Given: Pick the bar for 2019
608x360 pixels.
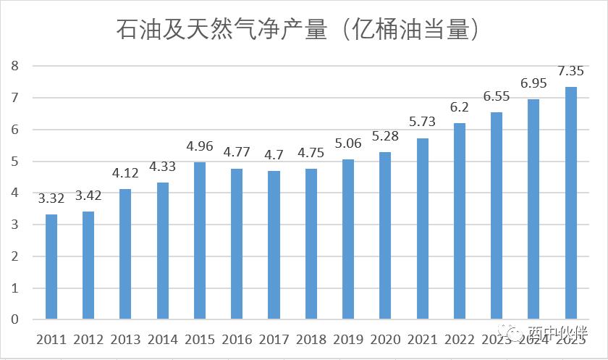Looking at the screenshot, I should [348, 239].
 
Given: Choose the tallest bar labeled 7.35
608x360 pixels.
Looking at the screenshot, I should [571, 203].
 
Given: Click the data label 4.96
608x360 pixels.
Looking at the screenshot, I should [200, 147].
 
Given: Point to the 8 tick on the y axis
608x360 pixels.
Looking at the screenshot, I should [14, 66].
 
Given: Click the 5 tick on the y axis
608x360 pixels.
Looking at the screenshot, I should [14, 162].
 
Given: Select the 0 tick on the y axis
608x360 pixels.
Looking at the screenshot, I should [14, 320].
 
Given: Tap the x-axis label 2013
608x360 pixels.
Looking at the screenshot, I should [125, 340].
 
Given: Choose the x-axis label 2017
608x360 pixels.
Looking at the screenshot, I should [274, 340].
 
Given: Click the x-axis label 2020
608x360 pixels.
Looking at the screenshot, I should [385, 340].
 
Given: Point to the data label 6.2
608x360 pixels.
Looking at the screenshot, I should [460, 107].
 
